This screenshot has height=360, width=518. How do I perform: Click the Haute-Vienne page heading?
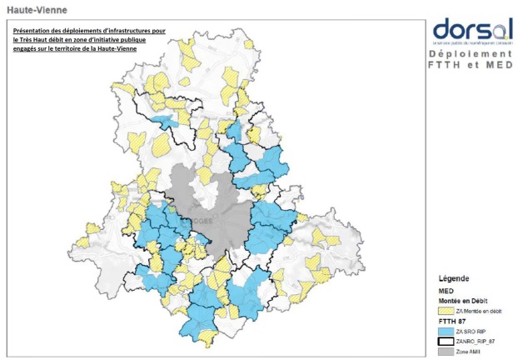point(37,10)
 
